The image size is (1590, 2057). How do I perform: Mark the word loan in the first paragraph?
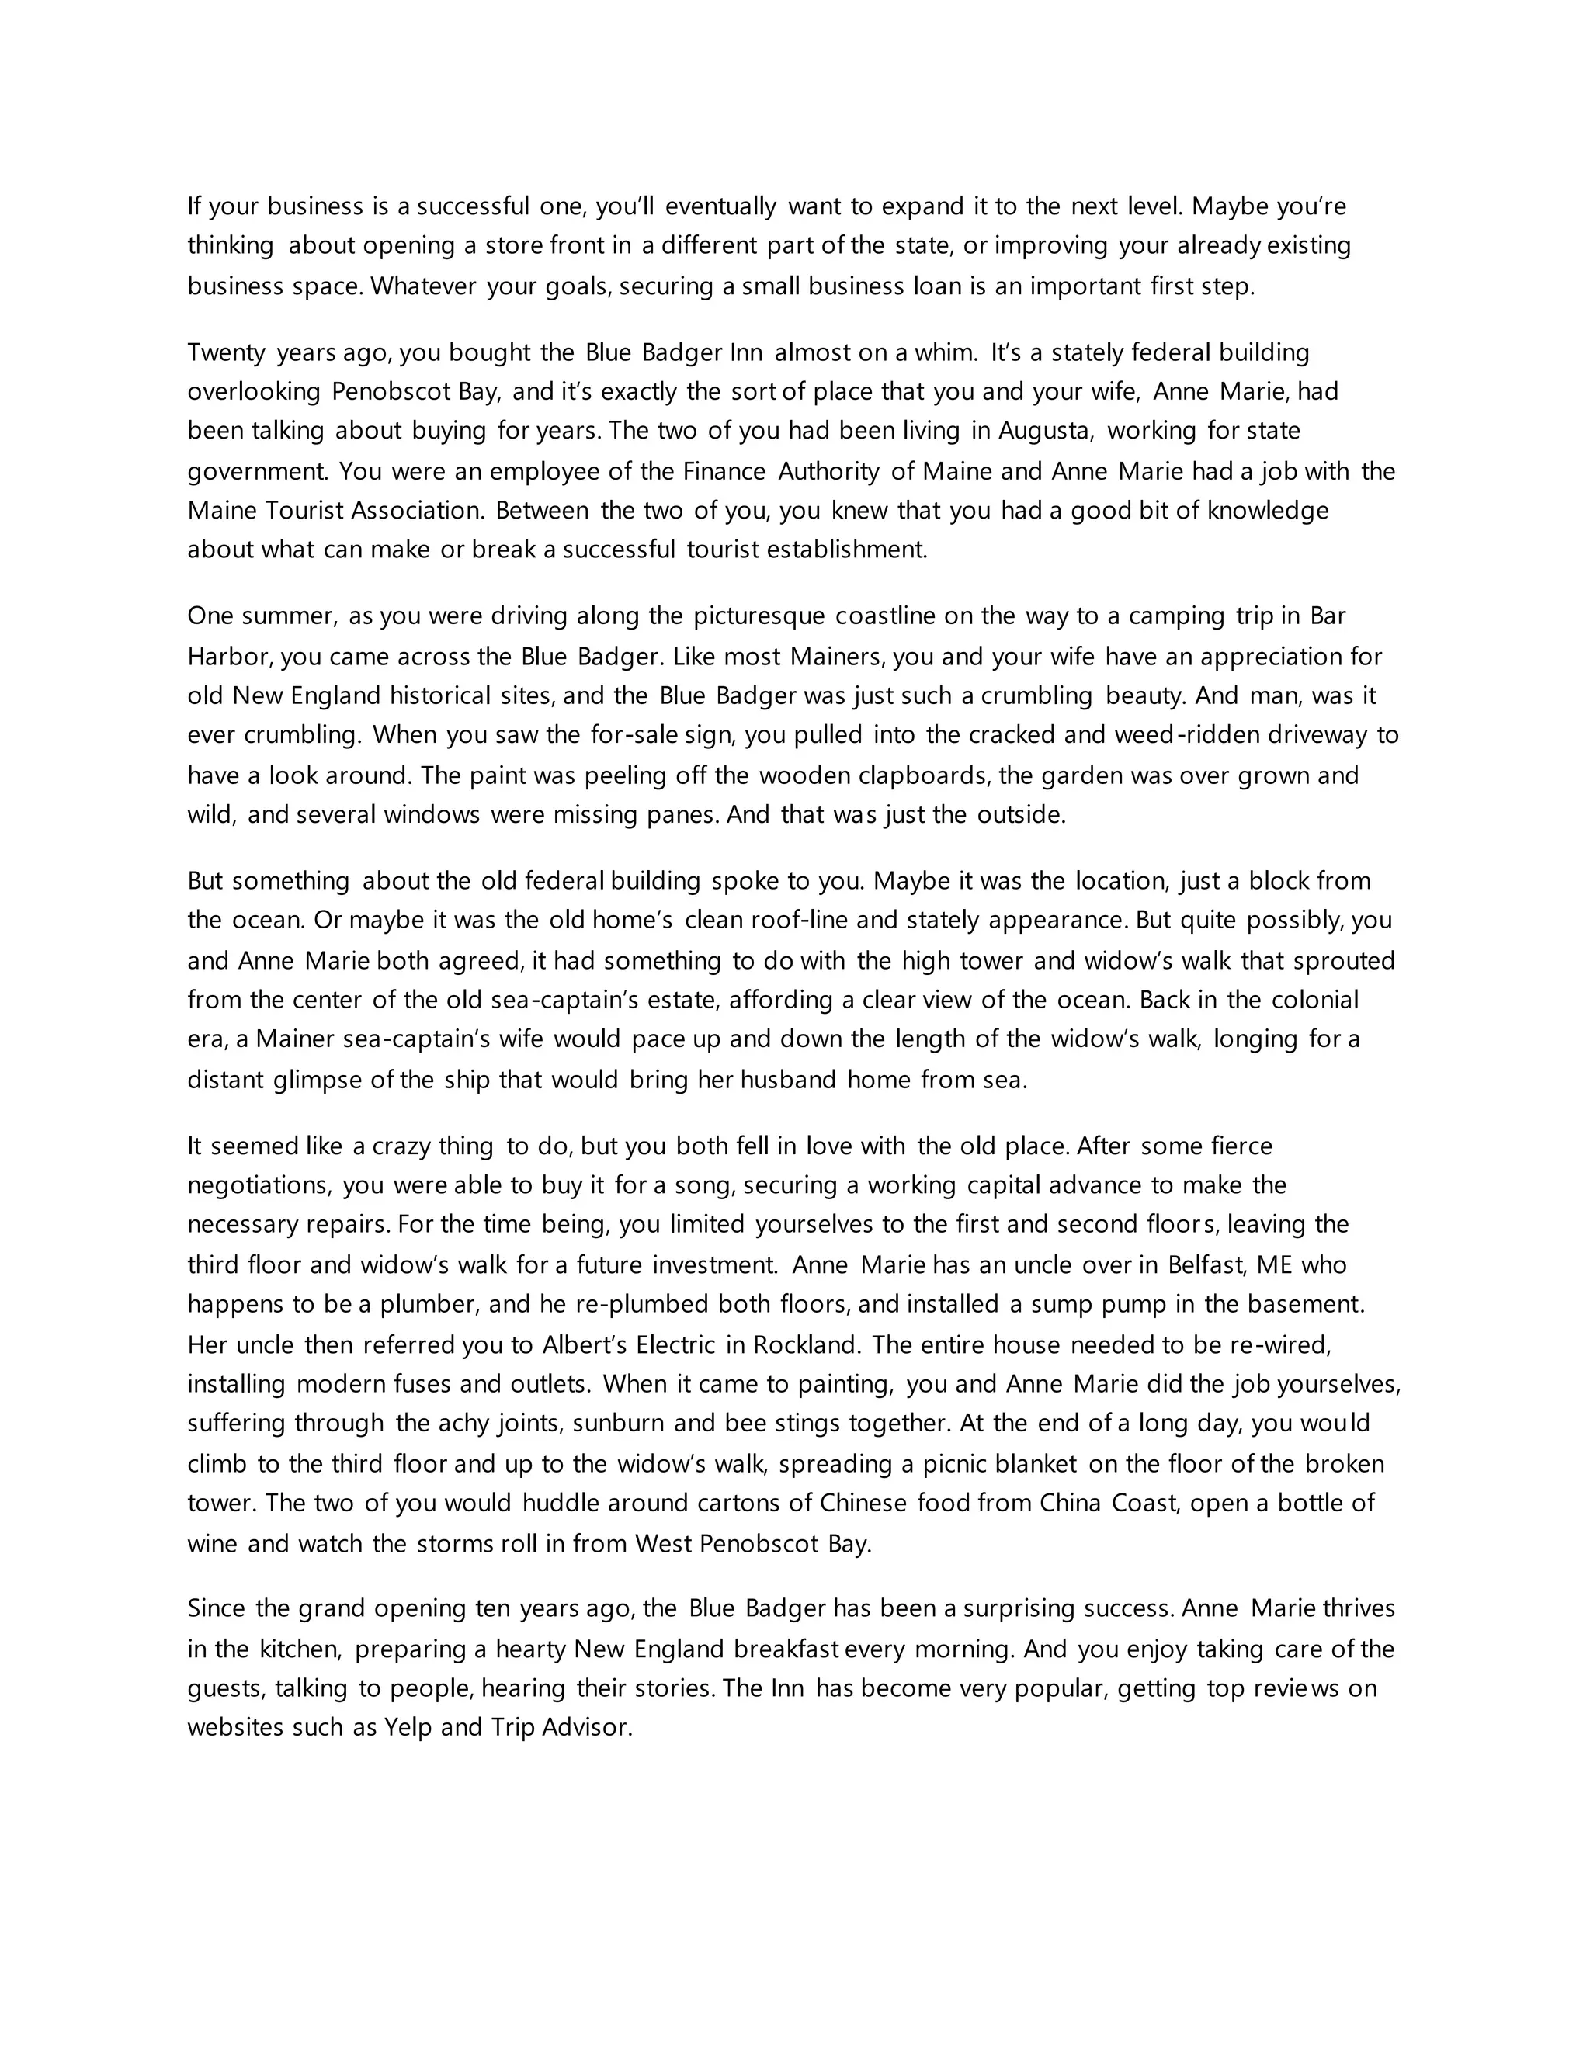[x=937, y=286]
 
